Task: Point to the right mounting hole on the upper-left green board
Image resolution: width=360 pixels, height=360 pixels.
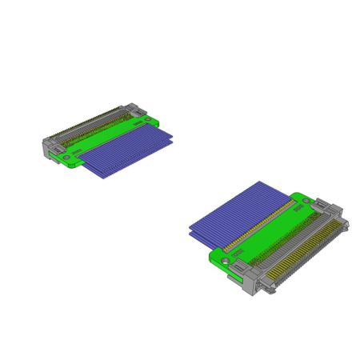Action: (146, 122)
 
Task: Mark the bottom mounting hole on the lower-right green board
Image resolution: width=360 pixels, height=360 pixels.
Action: (226, 260)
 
